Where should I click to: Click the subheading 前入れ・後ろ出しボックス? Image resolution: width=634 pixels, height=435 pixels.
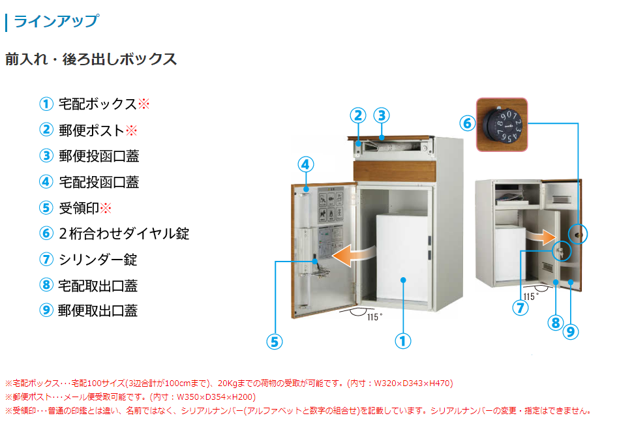point(91,59)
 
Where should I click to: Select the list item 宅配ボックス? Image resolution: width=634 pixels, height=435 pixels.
point(97,104)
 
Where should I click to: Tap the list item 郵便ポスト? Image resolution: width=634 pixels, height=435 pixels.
point(91,130)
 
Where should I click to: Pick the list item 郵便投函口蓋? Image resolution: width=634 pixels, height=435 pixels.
point(98,156)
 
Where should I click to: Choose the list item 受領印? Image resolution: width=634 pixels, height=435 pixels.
point(78,208)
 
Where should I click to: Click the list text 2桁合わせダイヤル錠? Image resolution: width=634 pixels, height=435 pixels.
point(124,233)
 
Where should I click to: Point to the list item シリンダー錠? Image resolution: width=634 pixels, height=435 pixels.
point(98,260)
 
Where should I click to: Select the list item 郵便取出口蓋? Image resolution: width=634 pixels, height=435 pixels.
point(98,311)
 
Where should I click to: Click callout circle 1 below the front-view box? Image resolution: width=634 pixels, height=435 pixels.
point(403,340)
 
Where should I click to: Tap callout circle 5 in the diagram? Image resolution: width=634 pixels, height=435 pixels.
point(275,340)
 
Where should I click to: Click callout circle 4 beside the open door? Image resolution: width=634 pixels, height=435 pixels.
point(307,164)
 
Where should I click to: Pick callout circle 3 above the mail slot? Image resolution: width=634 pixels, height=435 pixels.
point(382,115)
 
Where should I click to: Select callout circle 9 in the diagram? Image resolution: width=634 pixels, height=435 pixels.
point(570,331)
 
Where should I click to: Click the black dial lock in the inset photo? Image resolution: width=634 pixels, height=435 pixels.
point(502,125)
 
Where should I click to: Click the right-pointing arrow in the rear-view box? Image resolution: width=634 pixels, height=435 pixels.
point(541,235)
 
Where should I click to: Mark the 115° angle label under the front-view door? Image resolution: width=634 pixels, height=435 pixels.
point(374,317)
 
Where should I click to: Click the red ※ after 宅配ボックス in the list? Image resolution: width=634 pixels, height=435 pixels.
point(144,104)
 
